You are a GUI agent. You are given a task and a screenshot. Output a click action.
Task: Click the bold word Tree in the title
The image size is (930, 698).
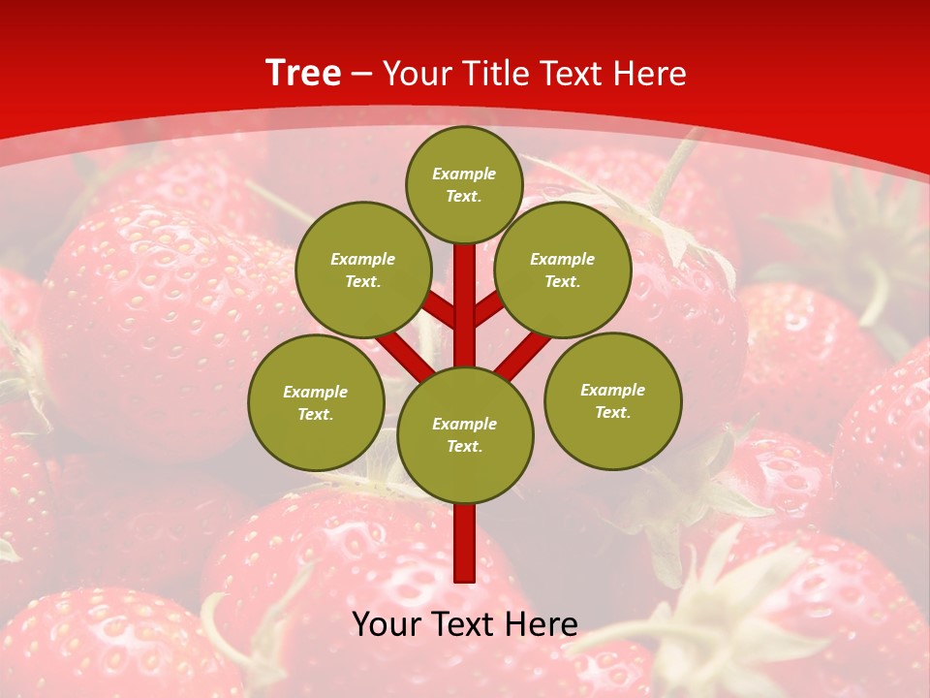pos(303,73)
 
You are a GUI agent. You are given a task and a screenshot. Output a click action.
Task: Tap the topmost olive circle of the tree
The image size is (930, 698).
pos(464,184)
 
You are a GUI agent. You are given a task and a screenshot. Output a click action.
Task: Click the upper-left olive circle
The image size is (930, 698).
pos(363,270)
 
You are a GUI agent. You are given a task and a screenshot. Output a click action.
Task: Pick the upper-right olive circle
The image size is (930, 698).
pos(563,270)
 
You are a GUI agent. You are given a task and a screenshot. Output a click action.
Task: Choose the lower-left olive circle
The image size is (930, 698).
pos(316,402)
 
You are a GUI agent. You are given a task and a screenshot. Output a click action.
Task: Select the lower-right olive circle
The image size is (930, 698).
pos(612,400)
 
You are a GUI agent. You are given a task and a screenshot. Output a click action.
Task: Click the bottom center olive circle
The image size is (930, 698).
pos(465,434)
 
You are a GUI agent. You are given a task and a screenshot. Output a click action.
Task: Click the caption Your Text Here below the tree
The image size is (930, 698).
pos(465,624)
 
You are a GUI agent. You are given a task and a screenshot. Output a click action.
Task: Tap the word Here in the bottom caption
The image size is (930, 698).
pos(542,624)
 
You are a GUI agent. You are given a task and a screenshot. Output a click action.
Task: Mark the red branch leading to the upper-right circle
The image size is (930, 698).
pos(488,311)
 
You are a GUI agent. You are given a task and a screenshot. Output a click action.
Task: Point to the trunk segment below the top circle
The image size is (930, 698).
pos(465,291)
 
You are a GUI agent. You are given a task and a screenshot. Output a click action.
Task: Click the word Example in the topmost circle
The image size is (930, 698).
pos(464,174)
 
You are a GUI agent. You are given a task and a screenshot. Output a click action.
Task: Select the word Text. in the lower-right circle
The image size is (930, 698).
pos(612,412)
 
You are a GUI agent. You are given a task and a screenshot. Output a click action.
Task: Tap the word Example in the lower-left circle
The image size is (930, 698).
pos(316,392)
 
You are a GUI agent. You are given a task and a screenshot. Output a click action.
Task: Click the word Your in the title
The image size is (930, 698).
pos(418,74)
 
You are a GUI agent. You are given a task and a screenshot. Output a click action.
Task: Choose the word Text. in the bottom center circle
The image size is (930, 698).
pos(464,446)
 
